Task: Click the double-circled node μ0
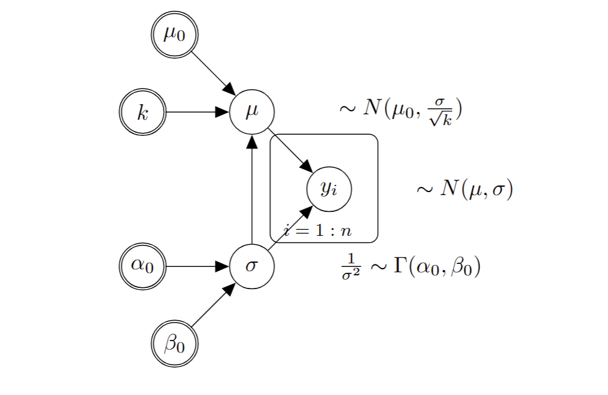click(x=174, y=34)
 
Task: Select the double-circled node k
click(x=142, y=112)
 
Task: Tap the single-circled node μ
click(x=252, y=112)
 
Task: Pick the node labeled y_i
click(x=329, y=189)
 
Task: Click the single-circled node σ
click(x=252, y=266)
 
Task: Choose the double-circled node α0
click(x=142, y=266)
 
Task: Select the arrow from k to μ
click(x=197, y=112)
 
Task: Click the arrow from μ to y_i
click(x=290, y=150)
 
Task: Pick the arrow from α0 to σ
click(x=197, y=266)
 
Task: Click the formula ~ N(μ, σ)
click(x=464, y=190)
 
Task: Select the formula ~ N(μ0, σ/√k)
click(x=402, y=110)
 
